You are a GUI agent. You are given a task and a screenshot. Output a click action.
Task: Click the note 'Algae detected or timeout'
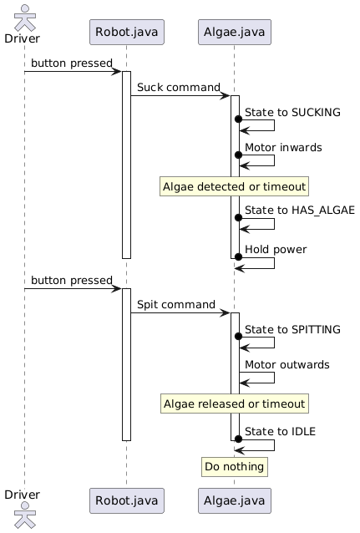[234, 186]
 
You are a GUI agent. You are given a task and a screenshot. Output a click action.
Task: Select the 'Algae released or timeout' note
[234, 404]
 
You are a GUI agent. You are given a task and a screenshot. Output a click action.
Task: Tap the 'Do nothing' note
[234, 466]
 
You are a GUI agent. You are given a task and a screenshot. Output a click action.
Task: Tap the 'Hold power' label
[276, 249]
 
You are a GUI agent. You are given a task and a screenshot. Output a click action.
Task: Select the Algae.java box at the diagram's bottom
[234, 500]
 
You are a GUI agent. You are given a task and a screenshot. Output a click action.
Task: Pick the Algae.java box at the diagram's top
[234, 32]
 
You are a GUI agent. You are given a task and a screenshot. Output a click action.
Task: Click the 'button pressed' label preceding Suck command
[72, 63]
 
